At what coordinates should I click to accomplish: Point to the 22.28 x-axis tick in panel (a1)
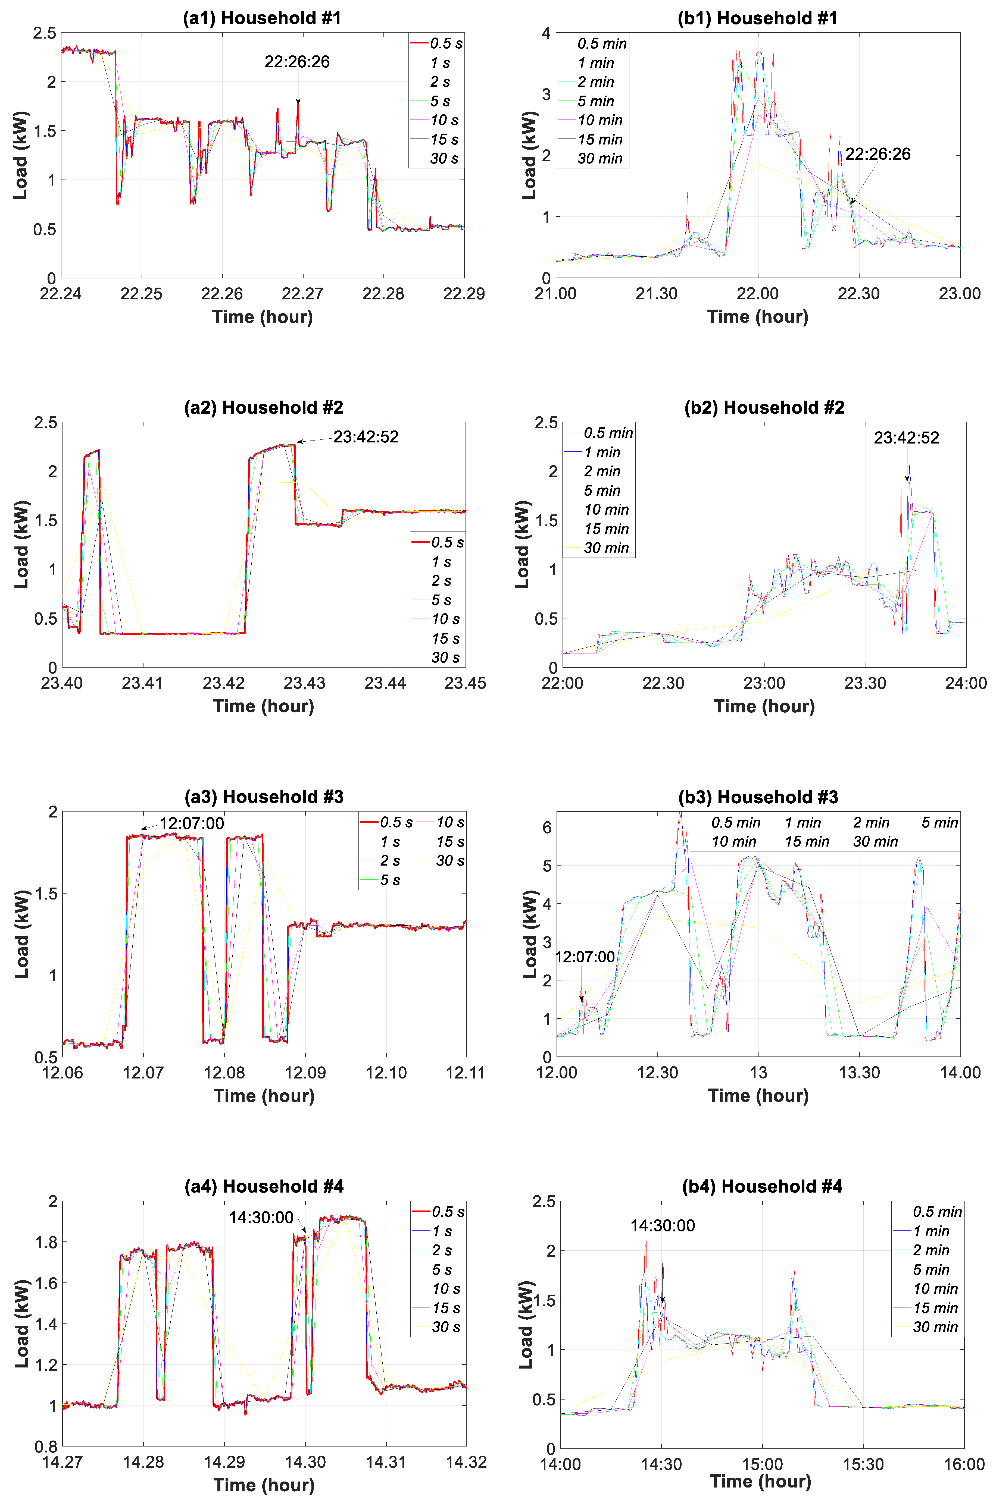coord(383,294)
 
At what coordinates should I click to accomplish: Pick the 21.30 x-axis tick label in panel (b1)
coord(657,294)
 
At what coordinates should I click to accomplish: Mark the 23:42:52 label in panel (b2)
coord(906,438)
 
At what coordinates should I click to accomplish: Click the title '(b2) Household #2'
coord(764,408)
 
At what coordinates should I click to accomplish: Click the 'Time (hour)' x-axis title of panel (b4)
coord(761,1482)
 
